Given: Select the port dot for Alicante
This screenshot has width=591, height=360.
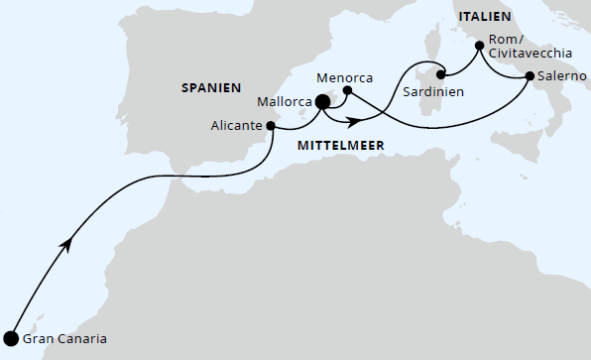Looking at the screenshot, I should point(271,125).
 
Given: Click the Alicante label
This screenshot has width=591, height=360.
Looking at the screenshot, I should point(237,125).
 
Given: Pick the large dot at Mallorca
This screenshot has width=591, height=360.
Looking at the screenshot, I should point(322,101).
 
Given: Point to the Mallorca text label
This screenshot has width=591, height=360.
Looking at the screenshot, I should point(283,101).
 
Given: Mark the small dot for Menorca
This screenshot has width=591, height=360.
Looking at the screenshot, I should point(347,91).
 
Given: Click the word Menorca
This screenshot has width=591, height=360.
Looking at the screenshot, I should point(344,76).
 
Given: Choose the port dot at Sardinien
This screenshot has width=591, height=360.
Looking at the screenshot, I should point(443,72).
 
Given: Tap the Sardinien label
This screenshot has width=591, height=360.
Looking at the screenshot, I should point(432,89).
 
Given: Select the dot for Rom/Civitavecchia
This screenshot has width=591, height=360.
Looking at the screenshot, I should point(480,45).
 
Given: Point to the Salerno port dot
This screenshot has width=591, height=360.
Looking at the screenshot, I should point(529,76).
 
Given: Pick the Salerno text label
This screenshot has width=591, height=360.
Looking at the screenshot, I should point(561,76).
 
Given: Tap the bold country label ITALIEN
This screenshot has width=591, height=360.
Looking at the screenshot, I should point(484,17).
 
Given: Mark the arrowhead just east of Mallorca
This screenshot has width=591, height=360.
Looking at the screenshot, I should point(351,122).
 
